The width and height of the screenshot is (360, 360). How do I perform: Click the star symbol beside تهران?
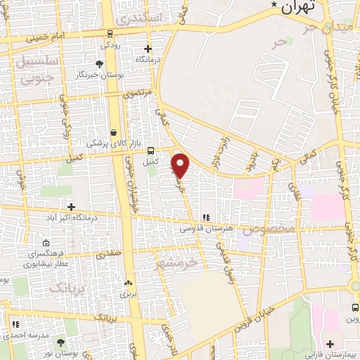point(274,4)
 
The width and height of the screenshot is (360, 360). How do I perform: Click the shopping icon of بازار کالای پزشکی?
point(114,132)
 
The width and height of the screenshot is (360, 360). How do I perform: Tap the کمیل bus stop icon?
point(150,149)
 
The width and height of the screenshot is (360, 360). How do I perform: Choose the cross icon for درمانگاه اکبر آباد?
point(71,206)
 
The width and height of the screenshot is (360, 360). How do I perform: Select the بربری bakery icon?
point(127,283)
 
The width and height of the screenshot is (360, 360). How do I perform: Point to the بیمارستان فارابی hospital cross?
point(330,344)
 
